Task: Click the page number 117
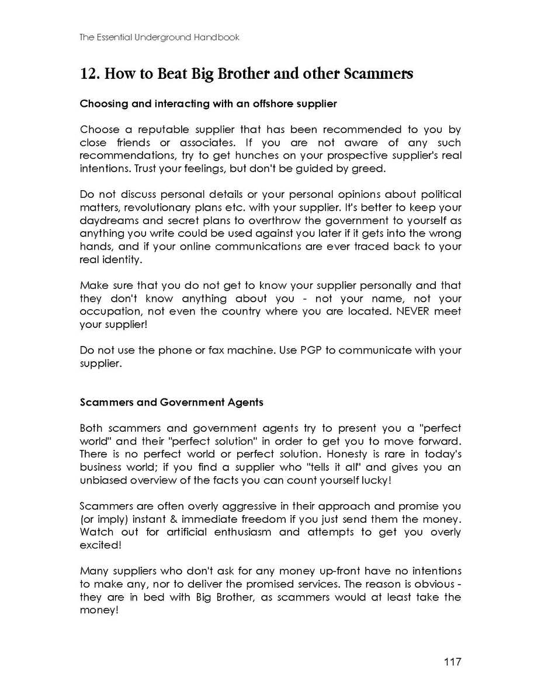coord(452,662)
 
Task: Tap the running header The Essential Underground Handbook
coord(159,37)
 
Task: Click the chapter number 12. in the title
coord(88,74)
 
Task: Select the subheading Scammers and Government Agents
coord(171,402)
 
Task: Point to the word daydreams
coord(107,221)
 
